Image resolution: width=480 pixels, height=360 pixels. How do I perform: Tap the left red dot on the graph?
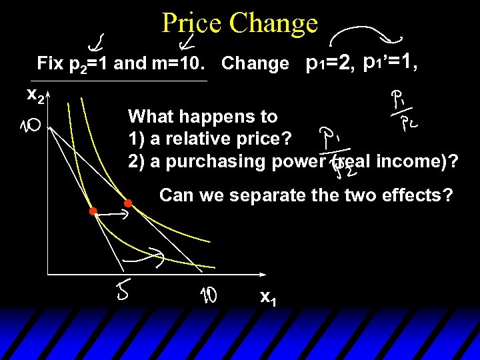click(93, 211)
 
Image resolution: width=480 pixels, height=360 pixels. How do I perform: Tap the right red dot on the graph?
click(128, 203)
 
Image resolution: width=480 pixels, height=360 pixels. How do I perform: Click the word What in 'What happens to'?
click(149, 117)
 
